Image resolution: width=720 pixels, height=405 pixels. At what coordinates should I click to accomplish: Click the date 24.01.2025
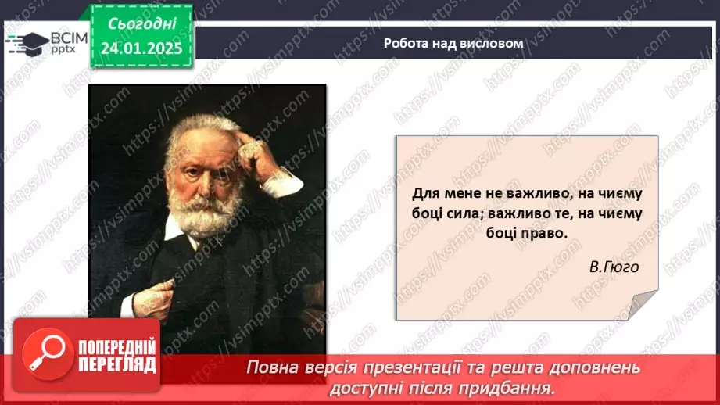click(142, 48)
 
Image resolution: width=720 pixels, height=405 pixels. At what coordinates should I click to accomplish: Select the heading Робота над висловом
click(453, 44)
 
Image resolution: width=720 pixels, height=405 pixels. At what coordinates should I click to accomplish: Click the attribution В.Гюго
click(614, 267)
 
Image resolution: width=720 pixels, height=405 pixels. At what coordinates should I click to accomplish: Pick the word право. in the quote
click(537, 234)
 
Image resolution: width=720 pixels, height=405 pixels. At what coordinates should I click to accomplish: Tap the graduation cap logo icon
click(25, 41)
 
